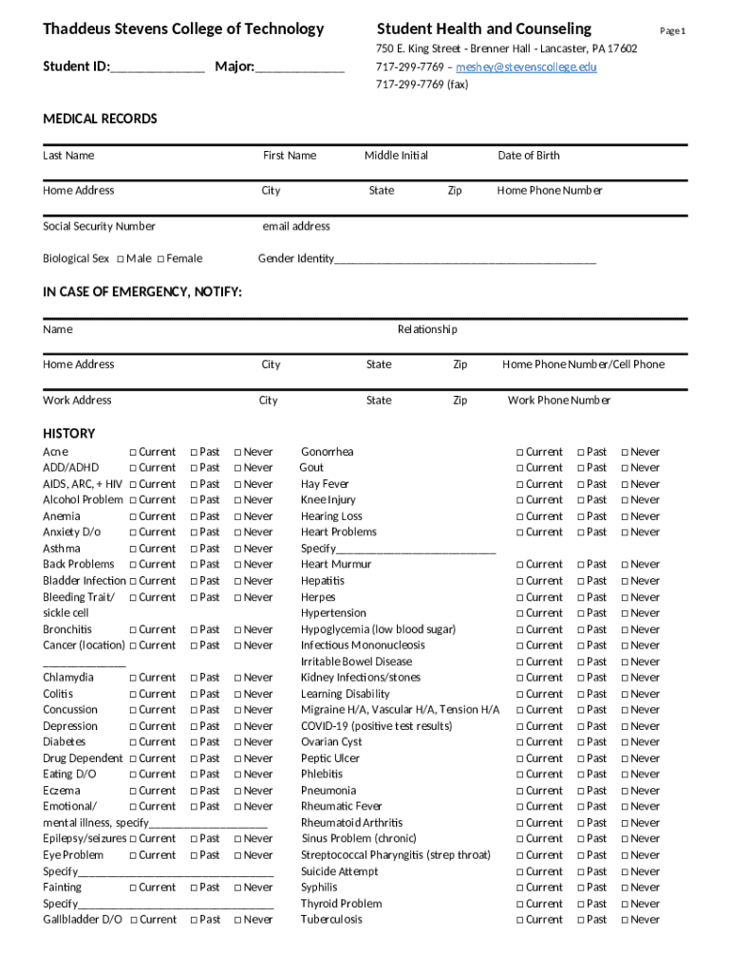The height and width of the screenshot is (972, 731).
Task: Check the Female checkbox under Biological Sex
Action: coord(161,259)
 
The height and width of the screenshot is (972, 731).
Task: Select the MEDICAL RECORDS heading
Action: coord(100,119)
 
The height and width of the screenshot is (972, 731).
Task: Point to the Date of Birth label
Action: coord(529,156)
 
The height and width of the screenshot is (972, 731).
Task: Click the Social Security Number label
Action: coord(99,226)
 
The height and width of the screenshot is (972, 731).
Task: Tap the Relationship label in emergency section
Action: coord(427,329)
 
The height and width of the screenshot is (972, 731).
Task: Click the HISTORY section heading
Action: coord(69,433)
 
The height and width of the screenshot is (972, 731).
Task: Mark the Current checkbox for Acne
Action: coord(133,453)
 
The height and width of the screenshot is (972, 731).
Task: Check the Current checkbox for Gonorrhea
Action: coord(520,453)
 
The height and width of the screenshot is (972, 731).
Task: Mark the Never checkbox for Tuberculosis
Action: coord(625,920)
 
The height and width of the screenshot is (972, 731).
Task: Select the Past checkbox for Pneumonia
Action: coord(582,791)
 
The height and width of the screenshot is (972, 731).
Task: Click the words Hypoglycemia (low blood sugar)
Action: coord(378,629)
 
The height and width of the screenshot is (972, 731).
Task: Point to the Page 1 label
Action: coord(673,31)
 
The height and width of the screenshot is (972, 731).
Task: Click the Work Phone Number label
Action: coord(559,401)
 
